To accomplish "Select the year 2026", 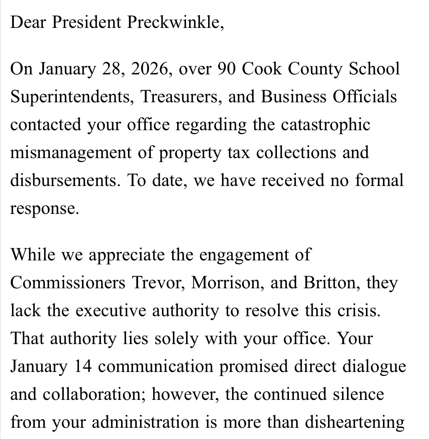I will pos(151,69).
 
